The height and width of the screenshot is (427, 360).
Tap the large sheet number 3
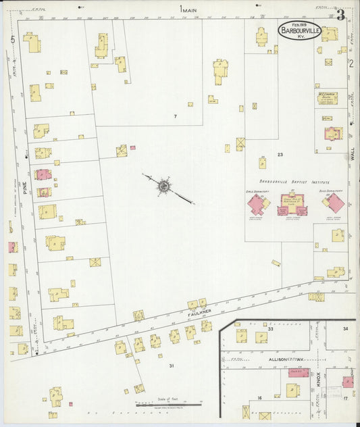(x=341, y=13)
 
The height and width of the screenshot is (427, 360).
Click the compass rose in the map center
(x=163, y=185)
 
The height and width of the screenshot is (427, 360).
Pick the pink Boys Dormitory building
(x=334, y=203)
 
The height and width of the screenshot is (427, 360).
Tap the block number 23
(x=280, y=155)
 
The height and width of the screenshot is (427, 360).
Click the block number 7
(x=175, y=117)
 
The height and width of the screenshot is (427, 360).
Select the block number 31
(x=172, y=366)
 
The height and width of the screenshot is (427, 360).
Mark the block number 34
(x=345, y=328)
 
